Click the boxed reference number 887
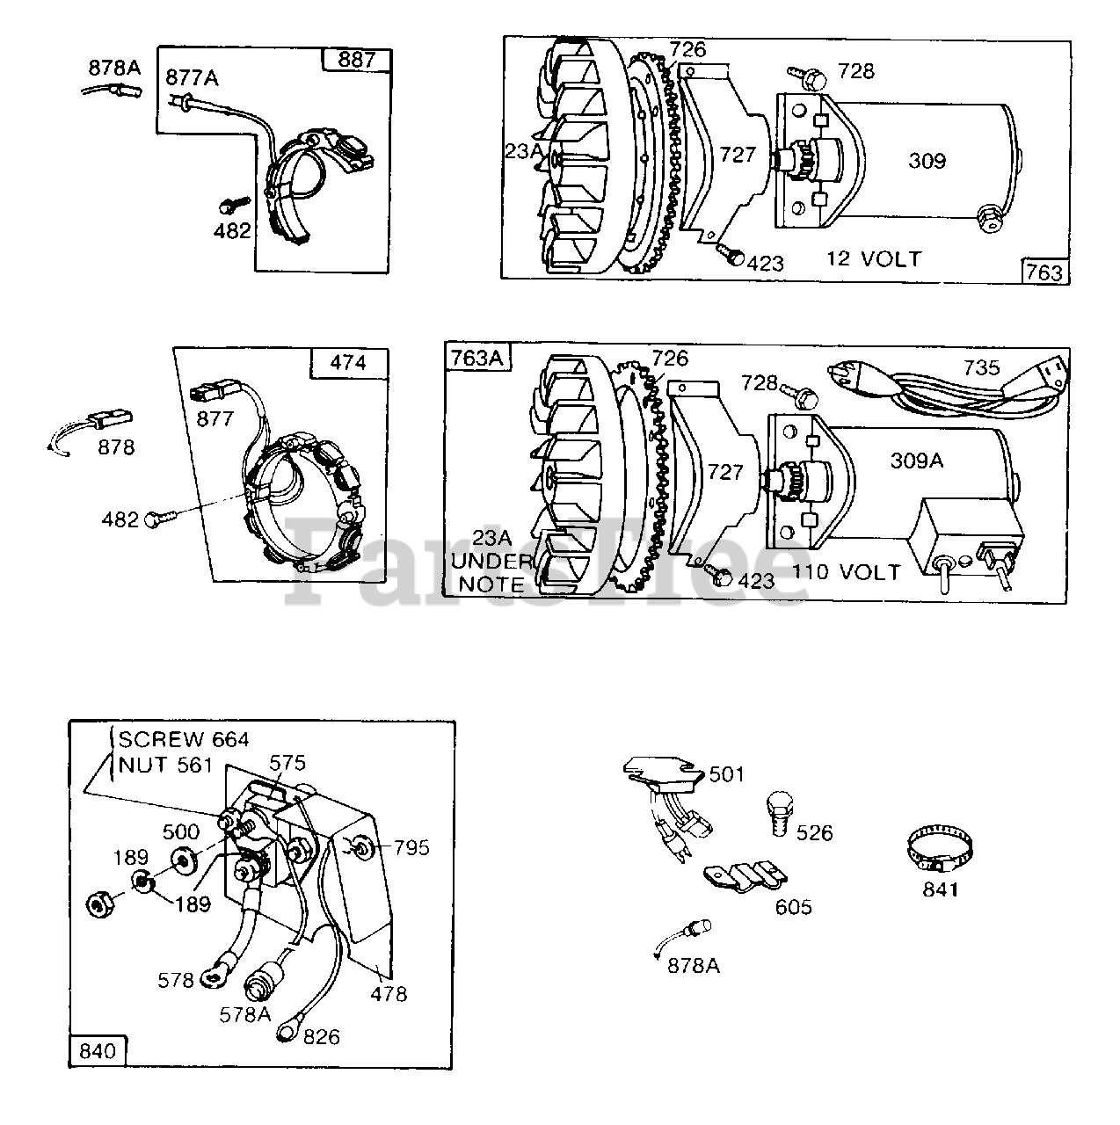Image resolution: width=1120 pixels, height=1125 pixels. pyautogui.click(x=356, y=60)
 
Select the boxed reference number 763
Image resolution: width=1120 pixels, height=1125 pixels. pyautogui.click(x=1044, y=272)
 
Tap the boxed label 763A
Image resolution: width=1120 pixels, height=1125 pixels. pyautogui.click(x=476, y=359)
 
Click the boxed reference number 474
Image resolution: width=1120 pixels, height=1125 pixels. pyautogui.click(x=348, y=361)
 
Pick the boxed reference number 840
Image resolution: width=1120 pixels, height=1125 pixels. pyautogui.click(x=98, y=1051)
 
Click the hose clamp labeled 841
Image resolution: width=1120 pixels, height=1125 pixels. pyautogui.click(x=942, y=850)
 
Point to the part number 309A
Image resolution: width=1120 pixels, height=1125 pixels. pyautogui.click(x=917, y=460)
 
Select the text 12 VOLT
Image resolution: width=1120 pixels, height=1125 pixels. pyautogui.click(x=873, y=258)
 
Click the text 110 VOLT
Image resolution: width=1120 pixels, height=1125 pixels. pyautogui.click(x=846, y=572)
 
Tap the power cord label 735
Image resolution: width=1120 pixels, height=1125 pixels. pyautogui.click(x=980, y=367)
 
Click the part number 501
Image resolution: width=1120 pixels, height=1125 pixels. pyautogui.click(x=726, y=774)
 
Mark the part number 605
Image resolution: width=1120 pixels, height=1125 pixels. pyautogui.click(x=793, y=906)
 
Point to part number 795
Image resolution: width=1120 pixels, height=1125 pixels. pyautogui.click(x=411, y=847)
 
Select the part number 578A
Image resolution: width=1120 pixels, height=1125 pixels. pyautogui.click(x=245, y=1013)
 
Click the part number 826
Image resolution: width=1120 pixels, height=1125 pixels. pyautogui.click(x=322, y=1037)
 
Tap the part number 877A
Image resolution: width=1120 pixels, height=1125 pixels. pyautogui.click(x=192, y=79)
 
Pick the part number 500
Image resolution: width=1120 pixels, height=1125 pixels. pyautogui.click(x=180, y=831)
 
